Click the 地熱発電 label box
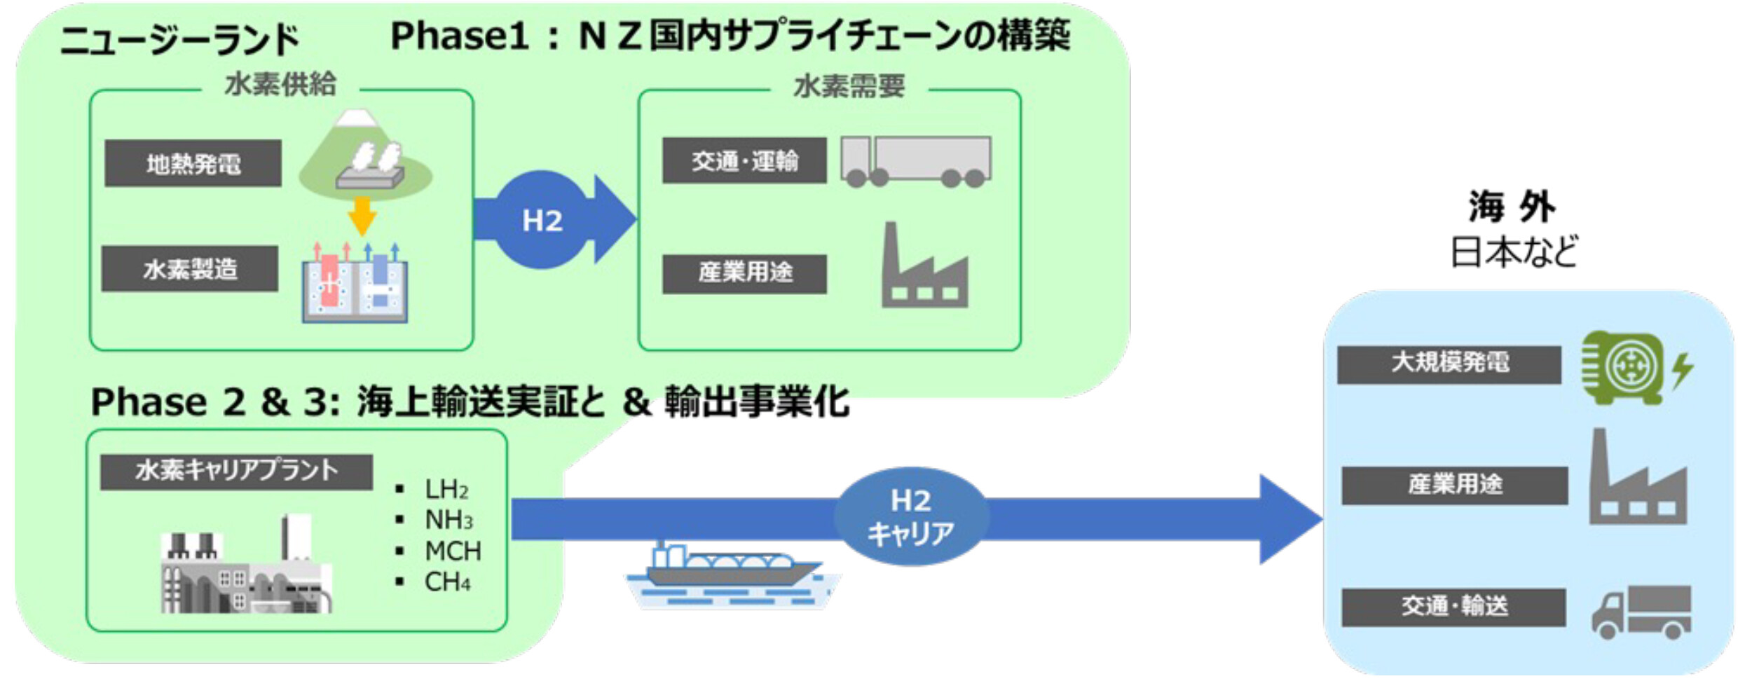pos(193,163)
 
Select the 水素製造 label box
pos(190,268)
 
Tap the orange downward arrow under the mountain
pos(362,216)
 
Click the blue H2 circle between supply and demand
pos(542,220)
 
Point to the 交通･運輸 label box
pos(744,160)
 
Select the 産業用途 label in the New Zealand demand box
pos(744,273)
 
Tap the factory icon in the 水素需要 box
pos(924,269)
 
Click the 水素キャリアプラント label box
pos(236,472)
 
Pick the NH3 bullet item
pos(449,520)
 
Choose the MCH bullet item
pos(452,551)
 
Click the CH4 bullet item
pos(447,582)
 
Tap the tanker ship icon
pos(732,575)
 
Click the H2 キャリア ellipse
pos(911,517)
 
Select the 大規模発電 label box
pos(1449,364)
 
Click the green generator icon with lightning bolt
pos(1633,369)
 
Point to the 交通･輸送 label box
pos(1453,607)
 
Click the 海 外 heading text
pos(1512,207)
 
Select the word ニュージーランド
pos(180,40)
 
